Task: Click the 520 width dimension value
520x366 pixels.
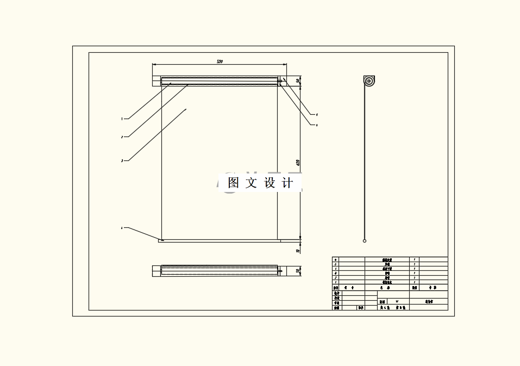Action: [220, 62]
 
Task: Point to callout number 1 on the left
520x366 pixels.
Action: [122, 118]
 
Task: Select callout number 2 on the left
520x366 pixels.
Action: [122, 137]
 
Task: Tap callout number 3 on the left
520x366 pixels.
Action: [122, 160]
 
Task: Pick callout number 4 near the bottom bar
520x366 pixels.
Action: [122, 228]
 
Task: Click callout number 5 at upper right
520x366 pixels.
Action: [317, 115]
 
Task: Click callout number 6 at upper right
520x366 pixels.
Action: [317, 125]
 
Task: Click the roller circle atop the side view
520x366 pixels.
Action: [369, 82]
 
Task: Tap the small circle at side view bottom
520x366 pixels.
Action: [365, 240]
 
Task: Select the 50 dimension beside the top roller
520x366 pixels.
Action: [298, 81]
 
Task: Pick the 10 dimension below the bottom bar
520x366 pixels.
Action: [298, 251]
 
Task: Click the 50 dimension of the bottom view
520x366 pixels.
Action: [298, 270]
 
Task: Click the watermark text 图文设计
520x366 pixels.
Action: [260, 183]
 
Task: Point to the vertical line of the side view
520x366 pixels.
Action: [365, 163]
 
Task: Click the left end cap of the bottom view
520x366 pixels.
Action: [156, 270]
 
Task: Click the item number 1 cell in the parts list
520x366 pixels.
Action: [335, 282]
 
